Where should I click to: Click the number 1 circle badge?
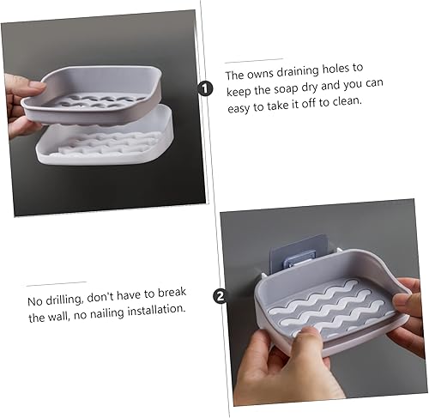[x=205, y=88]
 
